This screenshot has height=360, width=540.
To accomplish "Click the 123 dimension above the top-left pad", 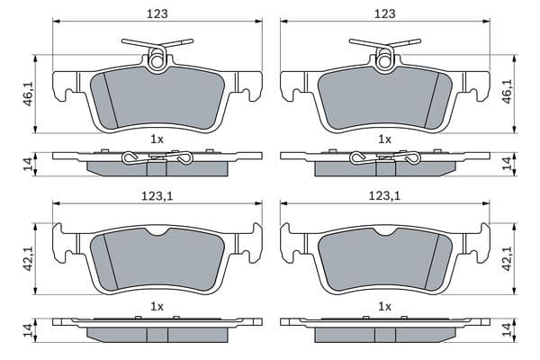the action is click(157, 13).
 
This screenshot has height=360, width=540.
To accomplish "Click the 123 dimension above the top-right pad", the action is click(385, 13).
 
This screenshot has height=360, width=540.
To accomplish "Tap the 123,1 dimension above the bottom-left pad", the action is click(157, 196).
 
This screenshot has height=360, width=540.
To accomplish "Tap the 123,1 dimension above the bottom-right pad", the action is click(384, 196).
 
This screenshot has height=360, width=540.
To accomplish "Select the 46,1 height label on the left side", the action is click(29, 94).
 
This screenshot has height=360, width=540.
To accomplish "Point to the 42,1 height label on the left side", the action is click(29, 258).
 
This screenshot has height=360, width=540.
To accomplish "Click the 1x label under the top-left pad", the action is click(157, 139).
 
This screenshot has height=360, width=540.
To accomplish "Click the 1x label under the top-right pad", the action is click(384, 139).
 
